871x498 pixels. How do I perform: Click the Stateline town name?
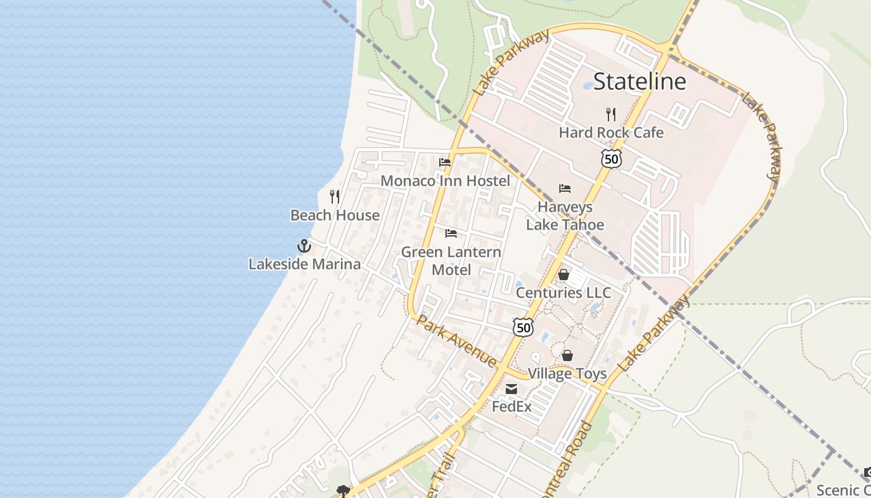click(x=640, y=82)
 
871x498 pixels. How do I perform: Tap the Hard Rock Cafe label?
click(x=611, y=133)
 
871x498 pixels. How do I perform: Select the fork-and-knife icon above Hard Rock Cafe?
click(x=611, y=114)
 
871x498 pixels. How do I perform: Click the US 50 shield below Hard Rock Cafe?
click(x=612, y=159)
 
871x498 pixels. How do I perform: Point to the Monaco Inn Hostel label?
click(x=445, y=181)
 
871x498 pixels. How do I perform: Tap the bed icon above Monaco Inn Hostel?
click(x=445, y=162)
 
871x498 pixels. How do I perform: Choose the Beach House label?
click(x=335, y=215)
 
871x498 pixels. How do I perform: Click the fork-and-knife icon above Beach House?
click(x=335, y=197)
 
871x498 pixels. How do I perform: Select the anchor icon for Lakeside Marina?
click(x=304, y=246)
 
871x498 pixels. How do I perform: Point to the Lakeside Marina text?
click(x=304, y=264)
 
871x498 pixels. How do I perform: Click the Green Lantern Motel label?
click(x=451, y=261)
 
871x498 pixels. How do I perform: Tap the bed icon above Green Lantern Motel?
click(x=451, y=233)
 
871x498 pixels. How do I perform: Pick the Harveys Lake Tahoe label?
click(x=565, y=215)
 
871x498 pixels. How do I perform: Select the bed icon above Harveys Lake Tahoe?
click(x=565, y=189)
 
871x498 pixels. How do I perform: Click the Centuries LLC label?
click(x=564, y=293)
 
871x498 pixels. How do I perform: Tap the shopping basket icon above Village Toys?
click(x=567, y=355)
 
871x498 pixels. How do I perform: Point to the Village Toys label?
click(x=567, y=374)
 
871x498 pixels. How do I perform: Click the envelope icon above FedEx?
click(x=511, y=389)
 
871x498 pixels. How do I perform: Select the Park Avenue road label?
click(x=457, y=341)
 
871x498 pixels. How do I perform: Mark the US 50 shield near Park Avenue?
click(x=524, y=327)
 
